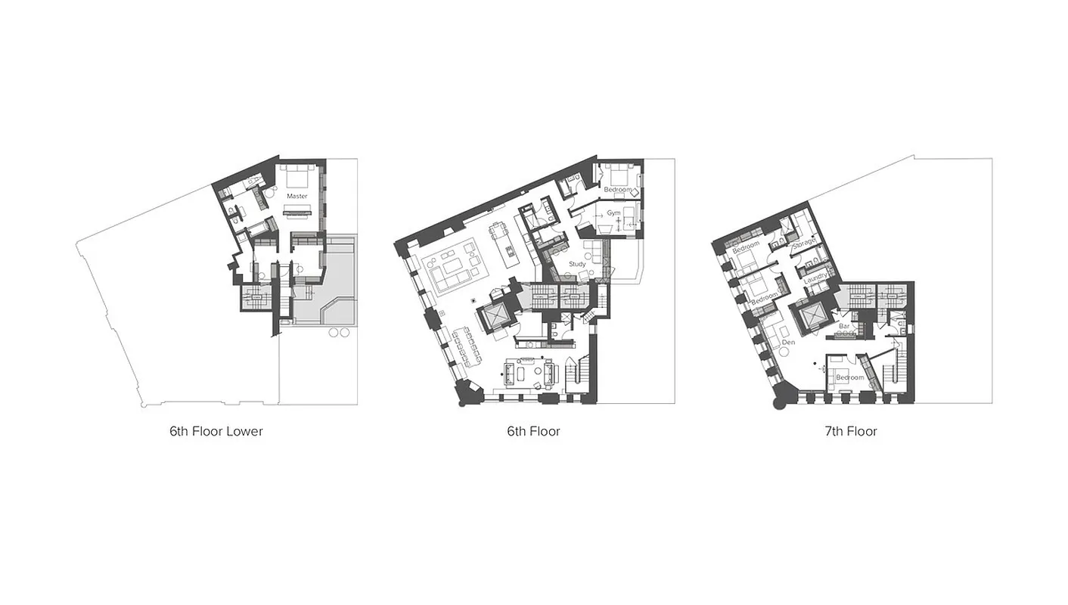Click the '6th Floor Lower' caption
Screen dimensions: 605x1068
pyautogui.click(x=216, y=432)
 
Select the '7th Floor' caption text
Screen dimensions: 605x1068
pyautogui.click(x=851, y=432)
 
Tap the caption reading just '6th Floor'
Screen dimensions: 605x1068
pyautogui.click(x=533, y=432)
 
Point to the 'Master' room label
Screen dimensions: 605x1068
pyautogui.click(x=297, y=196)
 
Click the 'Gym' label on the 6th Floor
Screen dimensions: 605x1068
pyautogui.click(x=613, y=214)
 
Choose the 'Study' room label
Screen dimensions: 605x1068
pyautogui.click(x=577, y=264)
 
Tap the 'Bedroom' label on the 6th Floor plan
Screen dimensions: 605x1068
pyautogui.click(x=617, y=189)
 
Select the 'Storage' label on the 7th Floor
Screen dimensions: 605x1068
pyautogui.click(x=803, y=243)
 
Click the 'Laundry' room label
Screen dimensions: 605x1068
pyautogui.click(x=815, y=278)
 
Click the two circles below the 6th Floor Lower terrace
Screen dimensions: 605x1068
pyautogui.click(x=340, y=332)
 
